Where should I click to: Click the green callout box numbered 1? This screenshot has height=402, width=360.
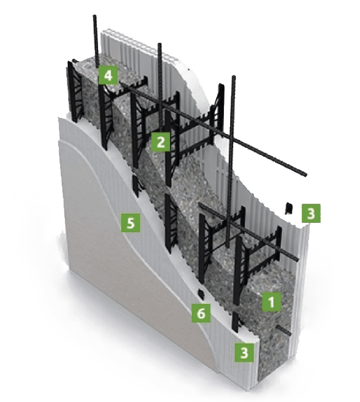point(271,302)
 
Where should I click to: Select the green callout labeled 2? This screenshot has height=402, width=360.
point(160,142)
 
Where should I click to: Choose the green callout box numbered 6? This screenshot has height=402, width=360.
point(201,314)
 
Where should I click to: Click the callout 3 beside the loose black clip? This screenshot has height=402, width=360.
point(311,214)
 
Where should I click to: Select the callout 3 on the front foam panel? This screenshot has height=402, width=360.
point(244,352)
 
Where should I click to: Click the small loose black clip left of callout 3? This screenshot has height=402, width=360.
point(290,208)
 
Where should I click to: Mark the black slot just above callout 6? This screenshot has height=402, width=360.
point(200,294)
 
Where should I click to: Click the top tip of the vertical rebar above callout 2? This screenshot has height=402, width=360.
point(159,45)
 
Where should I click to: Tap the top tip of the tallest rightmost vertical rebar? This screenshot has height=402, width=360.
point(233,77)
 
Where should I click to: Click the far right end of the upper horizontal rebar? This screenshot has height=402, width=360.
point(306,174)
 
